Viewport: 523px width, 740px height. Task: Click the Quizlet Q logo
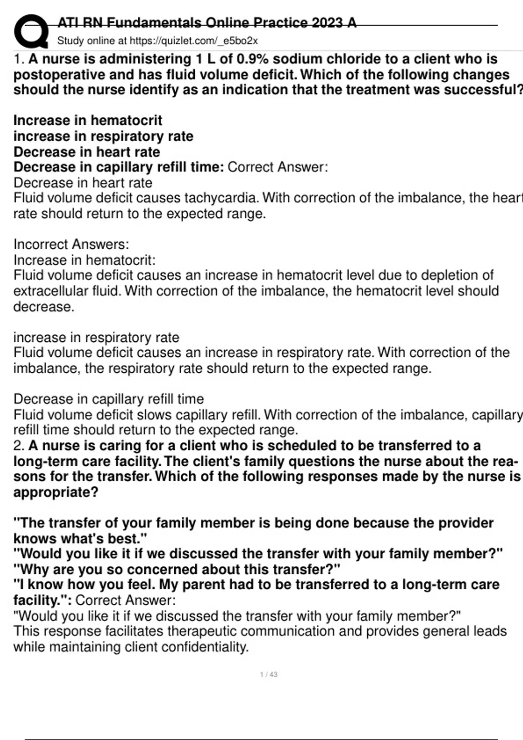click(31, 31)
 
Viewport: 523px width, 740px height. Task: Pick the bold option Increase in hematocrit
click(88, 120)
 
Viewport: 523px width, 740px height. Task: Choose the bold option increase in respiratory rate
click(103, 136)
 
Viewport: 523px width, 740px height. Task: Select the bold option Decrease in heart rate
click(87, 152)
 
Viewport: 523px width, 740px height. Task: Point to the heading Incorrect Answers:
click(71, 244)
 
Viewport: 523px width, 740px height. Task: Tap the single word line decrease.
click(44, 307)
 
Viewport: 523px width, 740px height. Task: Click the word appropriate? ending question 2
click(56, 492)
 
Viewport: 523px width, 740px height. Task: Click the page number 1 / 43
click(268, 675)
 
